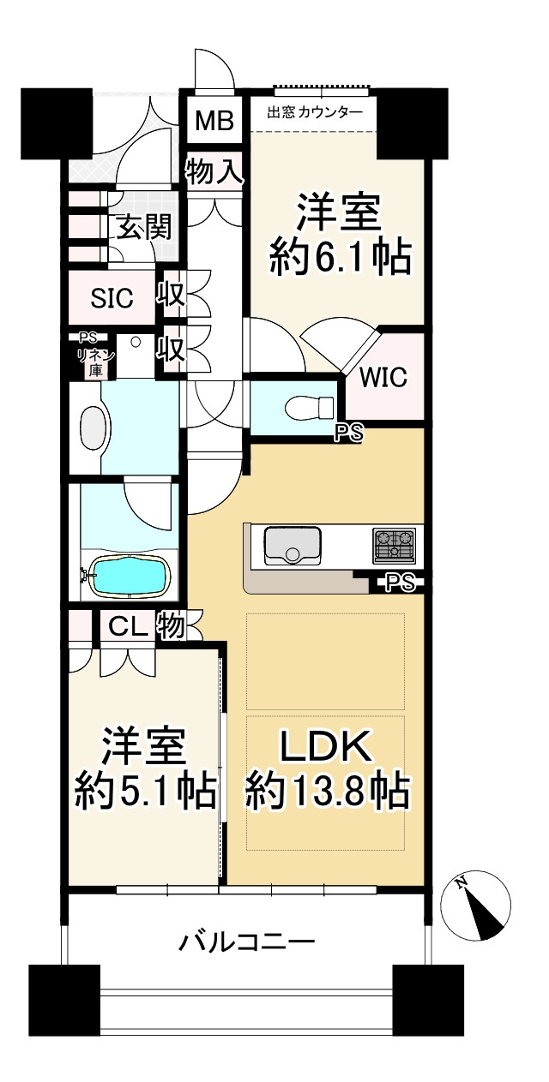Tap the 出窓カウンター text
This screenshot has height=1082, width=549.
[315, 113]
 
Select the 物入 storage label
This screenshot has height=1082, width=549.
[214, 170]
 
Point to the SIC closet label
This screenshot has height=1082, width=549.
[112, 298]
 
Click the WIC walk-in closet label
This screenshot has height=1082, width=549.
[383, 377]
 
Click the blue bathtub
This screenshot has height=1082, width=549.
[131, 576]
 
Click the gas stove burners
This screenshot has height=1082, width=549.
[394, 546]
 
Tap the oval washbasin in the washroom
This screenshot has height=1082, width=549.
[93, 427]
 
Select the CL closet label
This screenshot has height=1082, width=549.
[127, 626]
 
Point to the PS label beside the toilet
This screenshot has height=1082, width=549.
[350, 433]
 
